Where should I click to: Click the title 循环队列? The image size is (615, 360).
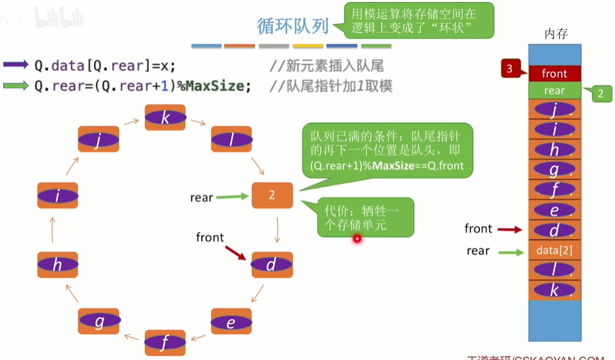(293, 26)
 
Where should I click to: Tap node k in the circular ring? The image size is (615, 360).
(165, 118)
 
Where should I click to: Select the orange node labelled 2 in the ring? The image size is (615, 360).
(272, 195)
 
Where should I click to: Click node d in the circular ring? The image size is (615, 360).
(272, 265)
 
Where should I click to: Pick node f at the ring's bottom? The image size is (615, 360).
(165, 343)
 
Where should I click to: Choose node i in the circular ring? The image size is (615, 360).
(58, 195)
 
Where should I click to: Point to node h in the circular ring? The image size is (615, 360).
(58, 264)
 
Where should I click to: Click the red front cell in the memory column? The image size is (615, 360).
(555, 74)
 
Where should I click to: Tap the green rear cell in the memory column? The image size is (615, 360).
(555, 91)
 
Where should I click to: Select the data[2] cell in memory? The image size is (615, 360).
(555, 250)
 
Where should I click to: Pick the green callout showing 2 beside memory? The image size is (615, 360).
(600, 94)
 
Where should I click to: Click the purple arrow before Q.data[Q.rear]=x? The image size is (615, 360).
(16, 65)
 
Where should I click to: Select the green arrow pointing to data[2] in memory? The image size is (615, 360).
(511, 252)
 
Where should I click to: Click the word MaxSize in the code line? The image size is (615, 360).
(215, 86)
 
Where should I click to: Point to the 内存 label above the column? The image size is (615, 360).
(555, 33)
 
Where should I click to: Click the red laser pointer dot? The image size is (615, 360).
(357, 238)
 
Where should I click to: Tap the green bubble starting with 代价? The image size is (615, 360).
(365, 217)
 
